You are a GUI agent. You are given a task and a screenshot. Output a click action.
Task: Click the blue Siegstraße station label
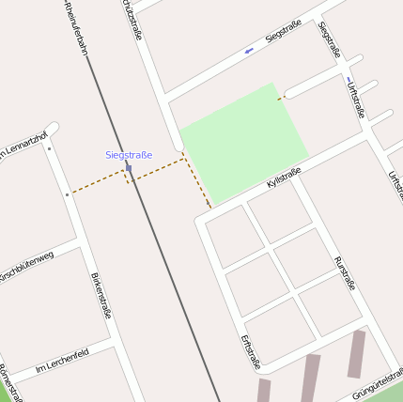(x=128, y=154)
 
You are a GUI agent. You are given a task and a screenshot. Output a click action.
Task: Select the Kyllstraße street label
(x=283, y=177)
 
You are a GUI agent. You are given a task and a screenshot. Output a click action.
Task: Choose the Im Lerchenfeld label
(x=63, y=359)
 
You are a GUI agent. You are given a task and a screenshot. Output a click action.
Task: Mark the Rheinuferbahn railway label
(x=75, y=26)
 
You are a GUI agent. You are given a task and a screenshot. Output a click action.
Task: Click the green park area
(x=244, y=141)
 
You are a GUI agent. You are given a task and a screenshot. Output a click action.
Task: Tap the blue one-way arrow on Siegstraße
(x=248, y=50)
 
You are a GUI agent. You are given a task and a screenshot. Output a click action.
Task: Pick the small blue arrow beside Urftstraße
(x=349, y=79)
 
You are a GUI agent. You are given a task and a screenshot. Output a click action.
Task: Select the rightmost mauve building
(x=356, y=353)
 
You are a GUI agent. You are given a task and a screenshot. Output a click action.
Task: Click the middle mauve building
(x=311, y=376)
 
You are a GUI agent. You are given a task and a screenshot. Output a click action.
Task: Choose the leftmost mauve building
(x=263, y=391)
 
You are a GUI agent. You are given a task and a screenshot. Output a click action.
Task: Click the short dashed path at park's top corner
(x=280, y=97)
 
